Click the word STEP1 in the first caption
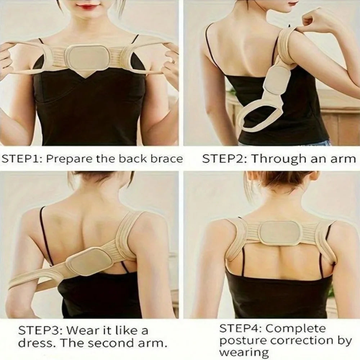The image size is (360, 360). [20, 159]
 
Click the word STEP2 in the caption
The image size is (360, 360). [221, 159]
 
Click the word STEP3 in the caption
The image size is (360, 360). [37, 331]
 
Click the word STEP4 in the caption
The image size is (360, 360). [239, 329]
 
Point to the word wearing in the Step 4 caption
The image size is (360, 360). [244, 352]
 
